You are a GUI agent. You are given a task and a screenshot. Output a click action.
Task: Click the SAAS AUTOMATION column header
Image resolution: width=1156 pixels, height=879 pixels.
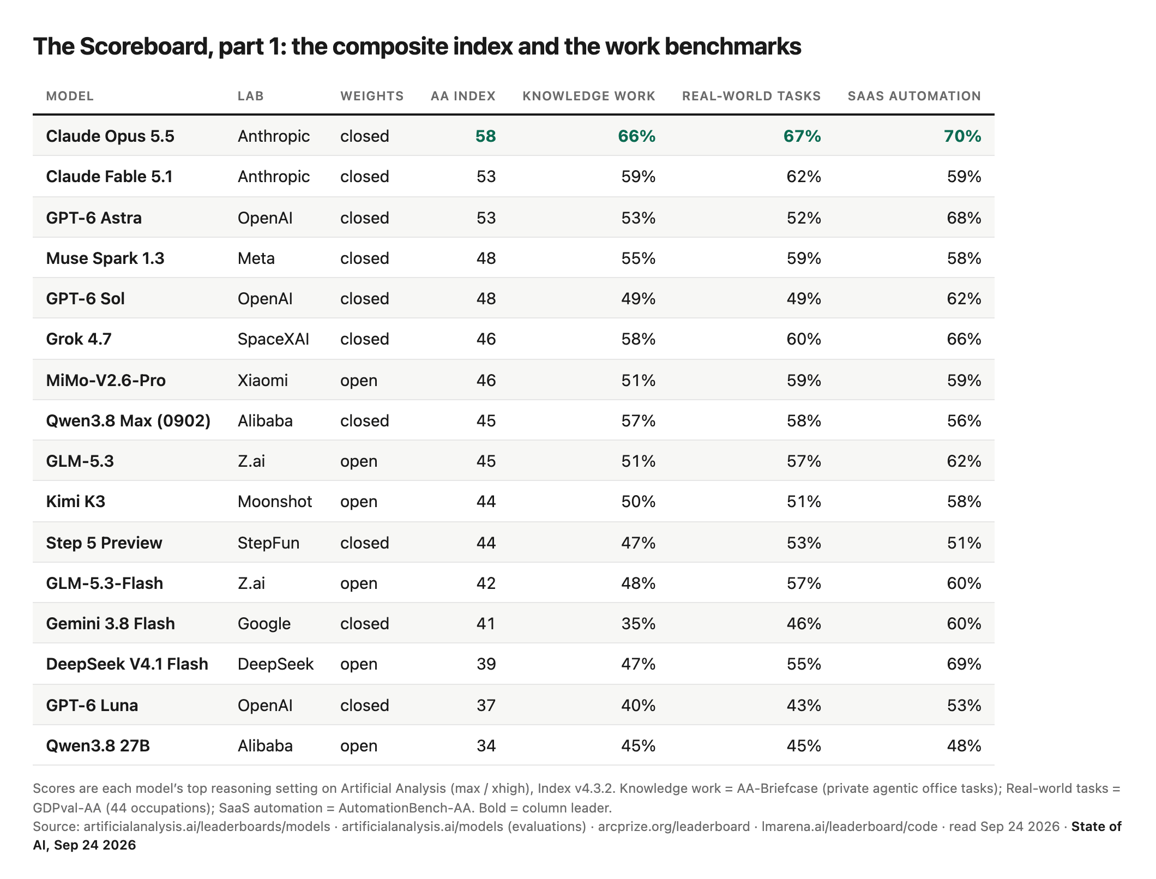pyautogui.click(x=914, y=97)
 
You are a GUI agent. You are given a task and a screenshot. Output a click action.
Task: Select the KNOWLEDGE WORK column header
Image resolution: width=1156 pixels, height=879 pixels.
pyautogui.click(x=588, y=97)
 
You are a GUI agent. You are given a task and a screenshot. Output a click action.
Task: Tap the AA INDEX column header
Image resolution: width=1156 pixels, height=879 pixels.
pyautogui.click(x=463, y=97)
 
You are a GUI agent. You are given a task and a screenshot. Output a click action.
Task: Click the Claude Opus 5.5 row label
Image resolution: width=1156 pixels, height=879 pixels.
pyautogui.click(x=110, y=136)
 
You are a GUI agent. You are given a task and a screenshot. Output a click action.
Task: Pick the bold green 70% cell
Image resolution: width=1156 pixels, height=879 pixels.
pyautogui.click(x=962, y=136)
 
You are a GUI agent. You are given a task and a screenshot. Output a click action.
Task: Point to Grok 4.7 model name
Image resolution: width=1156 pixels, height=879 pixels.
pyautogui.click(x=79, y=339)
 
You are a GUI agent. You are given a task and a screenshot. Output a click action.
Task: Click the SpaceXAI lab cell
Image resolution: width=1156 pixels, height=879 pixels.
pyautogui.click(x=273, y=339)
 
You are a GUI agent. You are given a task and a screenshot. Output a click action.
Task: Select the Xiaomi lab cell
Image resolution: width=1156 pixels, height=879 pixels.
pyautogui.click(x=263, y=380)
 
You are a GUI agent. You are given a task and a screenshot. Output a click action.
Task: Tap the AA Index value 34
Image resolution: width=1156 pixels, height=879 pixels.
pyautogui.click(x=486, y=745)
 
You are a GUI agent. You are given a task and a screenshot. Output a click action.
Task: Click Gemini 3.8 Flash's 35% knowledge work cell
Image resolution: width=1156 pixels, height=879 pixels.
pyautogui.click(x=638, y=623)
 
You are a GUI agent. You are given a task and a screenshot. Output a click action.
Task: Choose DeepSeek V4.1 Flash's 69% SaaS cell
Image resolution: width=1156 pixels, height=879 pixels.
pyautogui.click(x=964, y=664)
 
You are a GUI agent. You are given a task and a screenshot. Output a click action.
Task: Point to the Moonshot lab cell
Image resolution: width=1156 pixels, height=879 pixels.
pyautogui.click(x=275, y=502)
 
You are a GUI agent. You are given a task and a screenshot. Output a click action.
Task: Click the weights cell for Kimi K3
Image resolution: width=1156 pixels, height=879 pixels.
pyautogui.click(x=359, y=502)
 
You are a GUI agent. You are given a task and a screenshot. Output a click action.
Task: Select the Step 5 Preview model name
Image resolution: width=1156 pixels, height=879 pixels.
pyautogui.click(x=104, y=543)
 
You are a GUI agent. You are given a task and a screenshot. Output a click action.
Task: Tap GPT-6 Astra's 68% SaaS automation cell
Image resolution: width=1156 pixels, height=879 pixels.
pyautogui.click(x=964, y=218)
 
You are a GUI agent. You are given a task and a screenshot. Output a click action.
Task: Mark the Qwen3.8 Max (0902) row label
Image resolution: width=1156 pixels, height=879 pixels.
pyautogui.click(x=128, y=421)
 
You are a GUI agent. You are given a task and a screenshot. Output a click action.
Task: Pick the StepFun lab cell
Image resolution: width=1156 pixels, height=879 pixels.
pyautogui.click(x=268, y=543)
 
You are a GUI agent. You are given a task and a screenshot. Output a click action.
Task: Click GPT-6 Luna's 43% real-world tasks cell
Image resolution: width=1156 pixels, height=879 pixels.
pyautogui.click(x=804, y=705)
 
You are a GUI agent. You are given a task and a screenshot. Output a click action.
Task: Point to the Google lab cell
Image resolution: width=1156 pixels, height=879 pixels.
pyautogui.click(x=264, y=623)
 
